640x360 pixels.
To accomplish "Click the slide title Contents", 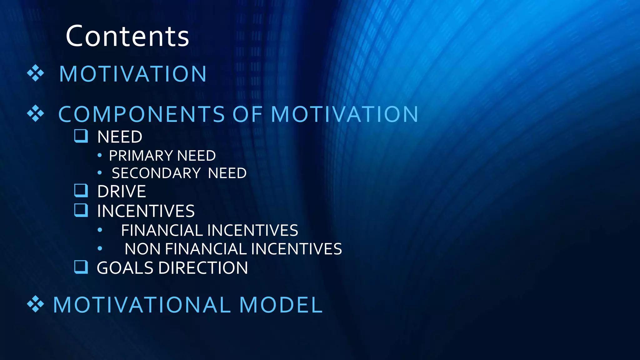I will click(x=127, y=36).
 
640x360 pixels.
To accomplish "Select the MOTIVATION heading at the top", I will click(x=133, y=74).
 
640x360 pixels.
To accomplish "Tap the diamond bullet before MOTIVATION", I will click(x=35, y=73).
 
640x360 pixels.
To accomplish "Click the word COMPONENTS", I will click(x=142, y=114).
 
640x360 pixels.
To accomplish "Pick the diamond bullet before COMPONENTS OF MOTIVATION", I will click(x=35, y=113).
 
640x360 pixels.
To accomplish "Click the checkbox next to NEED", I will click(x=81, y=136).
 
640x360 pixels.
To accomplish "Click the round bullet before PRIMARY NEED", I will click(x=99, y=155).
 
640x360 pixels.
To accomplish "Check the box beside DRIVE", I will click(x=81, y=190).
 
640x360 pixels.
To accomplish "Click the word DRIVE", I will click(x=122, y=192).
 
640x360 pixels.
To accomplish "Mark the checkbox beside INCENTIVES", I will click(x=81, y=210).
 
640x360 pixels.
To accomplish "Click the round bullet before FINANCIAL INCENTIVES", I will click(x=100, y=230).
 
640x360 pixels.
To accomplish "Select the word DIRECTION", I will click(x=203, y=268).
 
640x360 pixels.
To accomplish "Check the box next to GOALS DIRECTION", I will click(x=81, y=267).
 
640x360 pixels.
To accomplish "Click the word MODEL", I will click(x=281, y=305).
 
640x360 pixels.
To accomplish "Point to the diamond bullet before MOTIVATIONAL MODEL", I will click(x=35, y=304).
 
